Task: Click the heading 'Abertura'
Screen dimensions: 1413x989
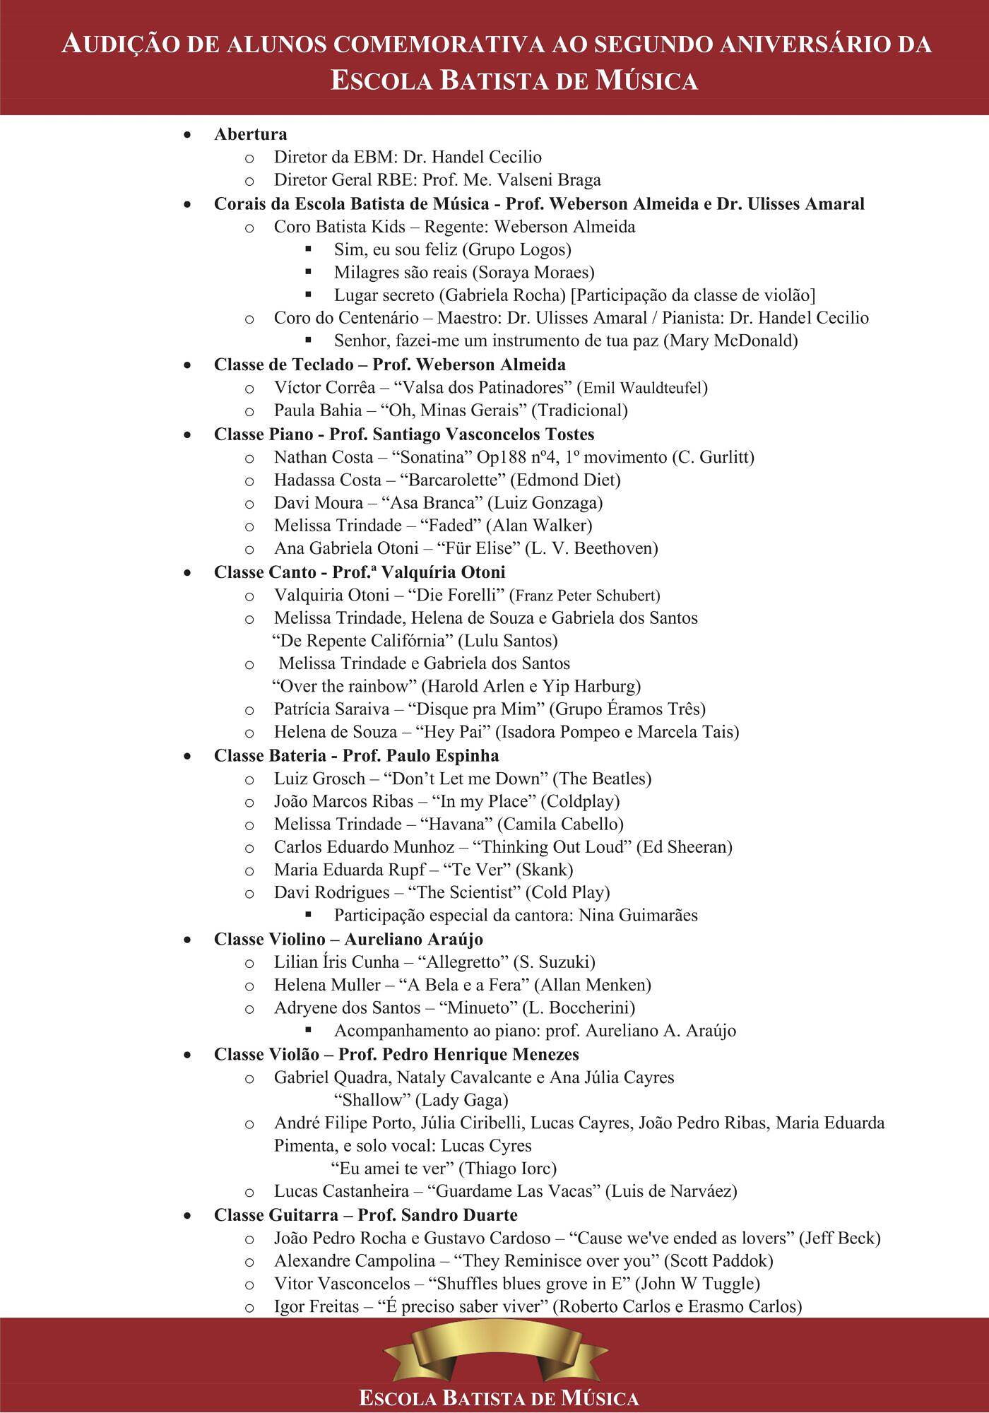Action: pos(250,134)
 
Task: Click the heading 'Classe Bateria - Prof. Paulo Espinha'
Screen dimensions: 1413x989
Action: pos(356,756)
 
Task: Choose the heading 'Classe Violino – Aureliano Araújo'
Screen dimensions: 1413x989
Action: pos(348,940)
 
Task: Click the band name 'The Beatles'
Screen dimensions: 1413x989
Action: pos(601,779)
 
